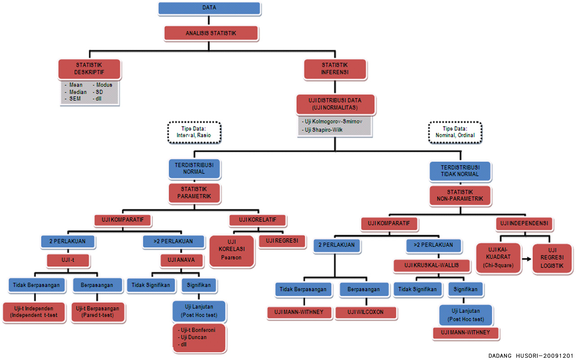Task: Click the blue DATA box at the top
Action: [x=209, y=8]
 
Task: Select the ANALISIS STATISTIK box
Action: [x=211, y=33]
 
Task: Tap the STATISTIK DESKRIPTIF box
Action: [x=89, y=69]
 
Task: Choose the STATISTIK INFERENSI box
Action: [x=335, y=68]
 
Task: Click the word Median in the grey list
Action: [x=78, y=92]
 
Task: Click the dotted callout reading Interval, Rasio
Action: [x=194, y=132]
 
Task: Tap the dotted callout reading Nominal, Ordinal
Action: [x=455, y=132]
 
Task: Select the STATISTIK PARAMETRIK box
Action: [x=194, y=193]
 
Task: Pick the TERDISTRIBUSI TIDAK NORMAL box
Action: [x=460, y=171]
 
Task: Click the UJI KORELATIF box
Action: [x=258, y=220]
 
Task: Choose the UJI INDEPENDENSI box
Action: [x=525, y=223]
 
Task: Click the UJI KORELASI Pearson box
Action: [x=231, y=251]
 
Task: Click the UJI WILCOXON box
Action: [x=365, y=312]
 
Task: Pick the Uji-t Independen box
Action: [x=34, y=312]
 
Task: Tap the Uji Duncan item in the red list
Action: [x=196, y=337]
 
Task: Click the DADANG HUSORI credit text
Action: [x=531, y=355]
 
